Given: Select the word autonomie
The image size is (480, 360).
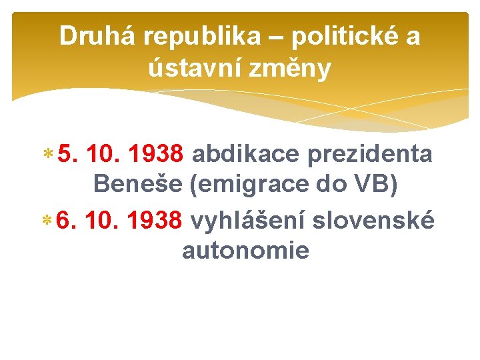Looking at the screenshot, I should point(245,251).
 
